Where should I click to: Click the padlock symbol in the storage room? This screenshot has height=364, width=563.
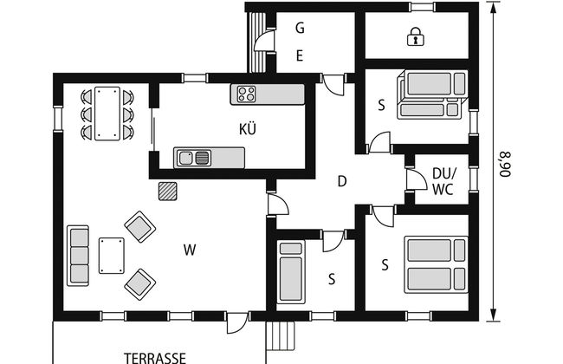click(x=416, y=37)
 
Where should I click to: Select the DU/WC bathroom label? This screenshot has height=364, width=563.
click(x=443, y=179)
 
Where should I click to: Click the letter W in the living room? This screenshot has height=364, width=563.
click(x=189, y=251)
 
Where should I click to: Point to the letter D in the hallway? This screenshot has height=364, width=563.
click(x=342, y=181)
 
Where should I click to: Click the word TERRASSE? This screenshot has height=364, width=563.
click(x=155, y=356)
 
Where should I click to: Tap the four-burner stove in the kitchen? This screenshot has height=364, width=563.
click(x=244, y=94)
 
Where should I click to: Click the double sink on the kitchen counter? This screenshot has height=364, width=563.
click(x=194, y=157)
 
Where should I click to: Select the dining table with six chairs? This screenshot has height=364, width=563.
click(x=107, y=113)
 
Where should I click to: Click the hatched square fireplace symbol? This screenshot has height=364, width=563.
click(x=167, y=191)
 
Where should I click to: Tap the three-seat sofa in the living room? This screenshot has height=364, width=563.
click(x=78, y=255)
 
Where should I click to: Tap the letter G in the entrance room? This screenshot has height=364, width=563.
click(x=300, y=28)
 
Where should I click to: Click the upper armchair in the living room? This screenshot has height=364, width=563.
click(x=139, y=227)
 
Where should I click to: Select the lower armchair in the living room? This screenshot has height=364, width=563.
click(x=139, y=283)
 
